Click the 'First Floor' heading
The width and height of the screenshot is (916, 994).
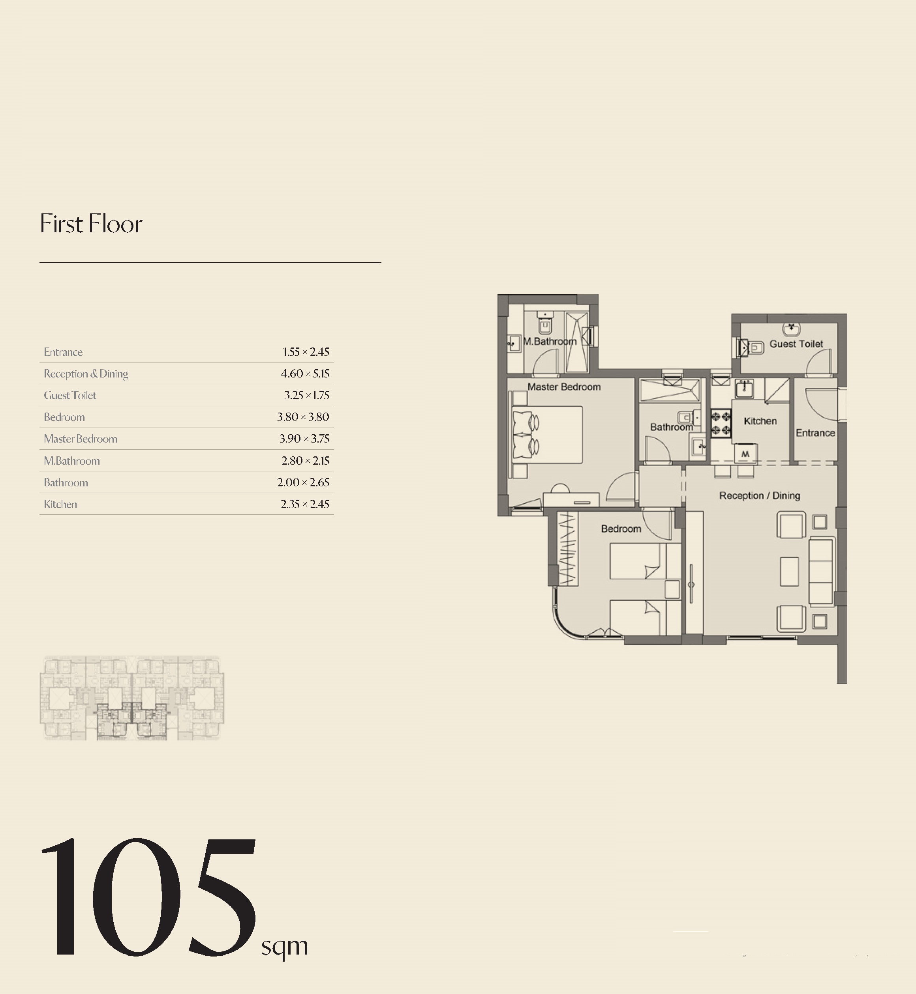tap(91, 224)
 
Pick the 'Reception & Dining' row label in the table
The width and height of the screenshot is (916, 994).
tap(86, 374)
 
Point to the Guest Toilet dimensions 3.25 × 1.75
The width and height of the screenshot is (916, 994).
tap(306, 395)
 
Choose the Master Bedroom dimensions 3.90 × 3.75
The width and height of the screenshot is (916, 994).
tap(304, 439)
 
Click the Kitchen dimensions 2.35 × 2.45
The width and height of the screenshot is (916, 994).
tap(305, 504)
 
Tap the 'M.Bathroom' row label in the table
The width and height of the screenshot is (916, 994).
tap(72, 461)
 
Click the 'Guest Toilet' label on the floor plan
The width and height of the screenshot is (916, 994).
tap(796, 344)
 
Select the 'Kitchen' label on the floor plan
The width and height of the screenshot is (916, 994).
tap(760, 421)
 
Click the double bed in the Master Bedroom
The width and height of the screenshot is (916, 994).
tap(547, 435)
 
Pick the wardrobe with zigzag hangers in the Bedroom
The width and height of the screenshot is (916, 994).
tap(568, 549)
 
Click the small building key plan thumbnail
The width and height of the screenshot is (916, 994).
tap(132, 698)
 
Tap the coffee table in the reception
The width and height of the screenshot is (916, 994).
tap(790, 572)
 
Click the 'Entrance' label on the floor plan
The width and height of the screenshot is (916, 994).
tap(815, 433)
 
